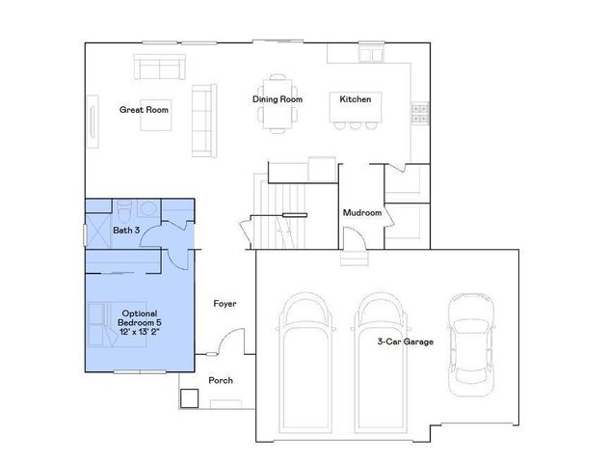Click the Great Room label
pos(144,110)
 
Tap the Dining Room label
pos(278,99)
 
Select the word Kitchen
pos(356,99)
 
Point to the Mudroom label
pos(363,212)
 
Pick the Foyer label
pos(225,304)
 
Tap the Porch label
pos(221,380)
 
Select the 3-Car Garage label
pos(405,341)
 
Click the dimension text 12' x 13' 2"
pos(140,331)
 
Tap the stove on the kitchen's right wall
pos(420,113)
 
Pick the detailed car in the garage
pos(469,341)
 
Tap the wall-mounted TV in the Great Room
pos(94,123)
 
